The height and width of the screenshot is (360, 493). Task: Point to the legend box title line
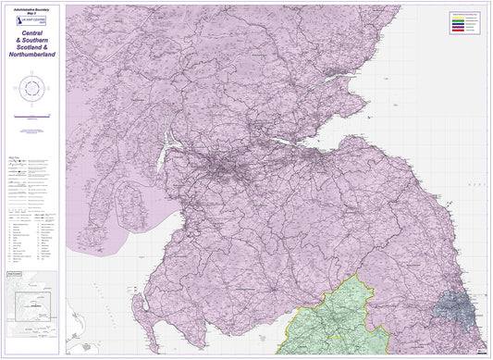468,12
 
